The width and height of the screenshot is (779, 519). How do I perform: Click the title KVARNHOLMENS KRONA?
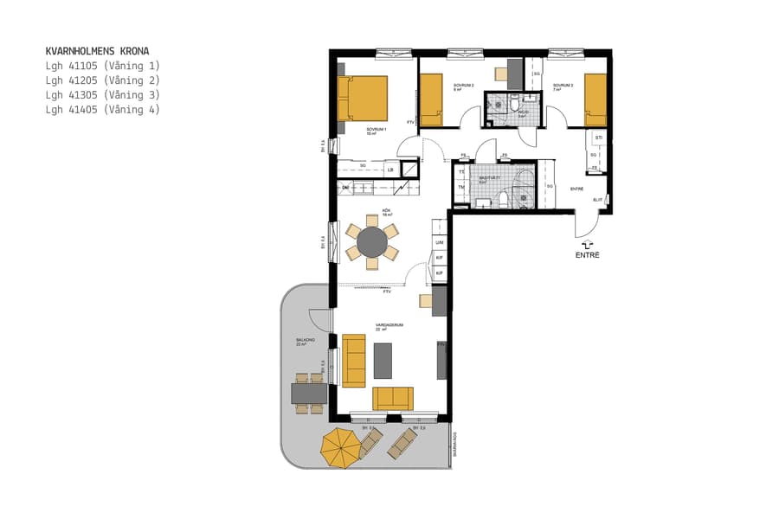97,51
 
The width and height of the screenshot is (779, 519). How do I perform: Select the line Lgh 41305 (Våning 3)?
102,95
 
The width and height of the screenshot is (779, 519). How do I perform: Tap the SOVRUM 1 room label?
376,131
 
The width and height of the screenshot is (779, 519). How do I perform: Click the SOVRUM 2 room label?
463,86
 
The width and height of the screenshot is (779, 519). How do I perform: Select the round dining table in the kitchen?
373,241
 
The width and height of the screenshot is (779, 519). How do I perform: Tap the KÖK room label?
387,210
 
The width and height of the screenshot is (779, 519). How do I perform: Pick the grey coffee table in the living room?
383,361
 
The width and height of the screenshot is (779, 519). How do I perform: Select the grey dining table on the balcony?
309,394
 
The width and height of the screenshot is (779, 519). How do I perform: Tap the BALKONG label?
304,342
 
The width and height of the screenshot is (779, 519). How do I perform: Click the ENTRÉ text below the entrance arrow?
587,256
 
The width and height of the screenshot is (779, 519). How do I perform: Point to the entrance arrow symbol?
587,246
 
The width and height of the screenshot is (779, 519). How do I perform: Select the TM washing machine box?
461,188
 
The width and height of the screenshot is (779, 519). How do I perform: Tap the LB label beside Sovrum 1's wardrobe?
390,170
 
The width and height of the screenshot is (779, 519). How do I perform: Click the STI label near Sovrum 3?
597,138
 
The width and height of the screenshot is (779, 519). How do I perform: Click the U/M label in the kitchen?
440,243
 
